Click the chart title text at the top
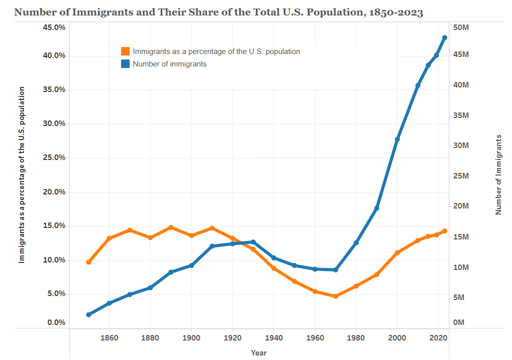(218, 12)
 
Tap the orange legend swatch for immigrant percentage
(125, 51)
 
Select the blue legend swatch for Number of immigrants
(125, 64)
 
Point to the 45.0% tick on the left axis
(52, 27)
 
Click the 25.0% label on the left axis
(52, 157)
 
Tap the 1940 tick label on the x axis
(274, 337)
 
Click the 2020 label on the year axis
(438, 337)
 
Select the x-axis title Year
(259, 353)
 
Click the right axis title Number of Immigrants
(498, 174)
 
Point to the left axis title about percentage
(22, 174)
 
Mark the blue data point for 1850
(89, 314)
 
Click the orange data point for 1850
(89, 262)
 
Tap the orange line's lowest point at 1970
(335, 296)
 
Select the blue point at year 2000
(397, 139)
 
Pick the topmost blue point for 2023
(444, 37)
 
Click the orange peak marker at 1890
(171, 227)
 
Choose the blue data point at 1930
(253, 242)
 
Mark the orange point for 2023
(444, 231)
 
